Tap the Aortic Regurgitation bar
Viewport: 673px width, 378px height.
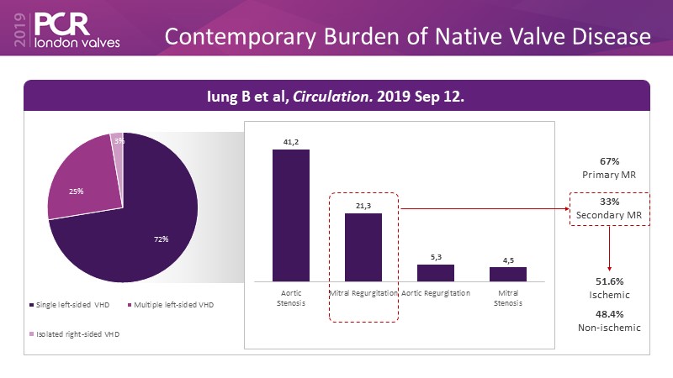coord(436,272)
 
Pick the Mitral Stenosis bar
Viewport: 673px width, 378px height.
coord(508,273)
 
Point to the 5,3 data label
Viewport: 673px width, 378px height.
coord(436,258)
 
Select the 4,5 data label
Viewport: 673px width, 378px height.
coord(508,260)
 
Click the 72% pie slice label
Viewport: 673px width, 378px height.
coord(161,239)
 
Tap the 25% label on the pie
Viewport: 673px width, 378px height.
coord(76,192)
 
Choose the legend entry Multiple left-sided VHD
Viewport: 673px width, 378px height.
coord(172,303)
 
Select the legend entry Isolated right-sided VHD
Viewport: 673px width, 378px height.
coord(75,333)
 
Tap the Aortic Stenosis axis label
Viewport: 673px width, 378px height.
coord(291,298)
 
